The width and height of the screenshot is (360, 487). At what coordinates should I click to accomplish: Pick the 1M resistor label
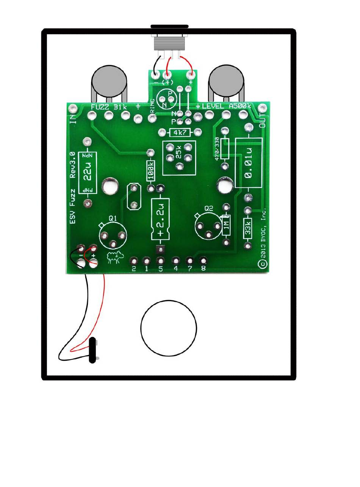point(227,227)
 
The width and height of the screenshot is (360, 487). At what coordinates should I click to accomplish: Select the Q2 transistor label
point(209,208)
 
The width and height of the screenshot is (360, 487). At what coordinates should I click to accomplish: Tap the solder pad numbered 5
point(161,261)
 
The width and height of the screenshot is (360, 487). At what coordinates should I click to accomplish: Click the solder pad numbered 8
point(203,261)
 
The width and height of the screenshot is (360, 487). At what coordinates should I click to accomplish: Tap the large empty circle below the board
point(169,328)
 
